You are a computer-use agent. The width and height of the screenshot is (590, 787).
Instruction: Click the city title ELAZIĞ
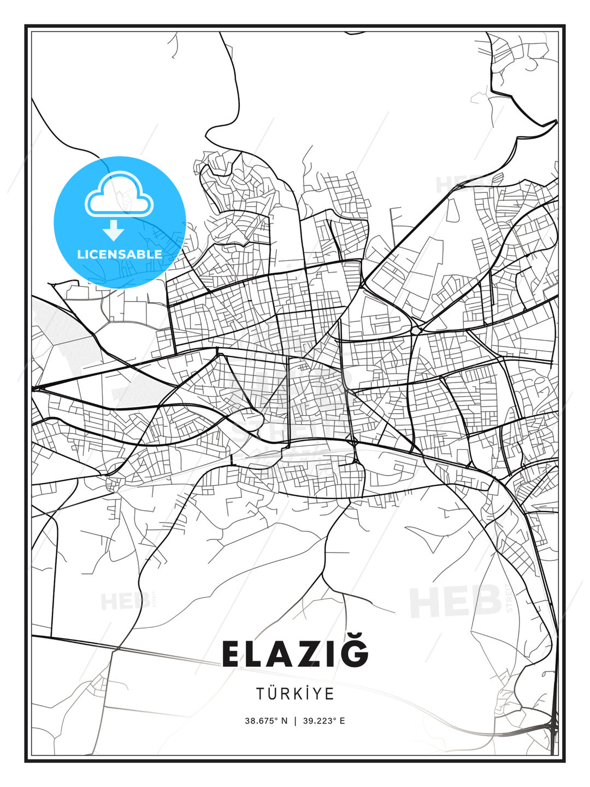pos(295,654)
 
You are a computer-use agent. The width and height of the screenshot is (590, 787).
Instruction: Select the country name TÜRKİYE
pos(295,694)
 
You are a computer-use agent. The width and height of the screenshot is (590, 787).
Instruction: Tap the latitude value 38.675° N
pos(266,721)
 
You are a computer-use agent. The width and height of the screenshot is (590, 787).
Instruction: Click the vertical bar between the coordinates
pos(296,721)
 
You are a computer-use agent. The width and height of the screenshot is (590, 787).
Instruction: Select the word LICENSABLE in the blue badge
pos(120,254)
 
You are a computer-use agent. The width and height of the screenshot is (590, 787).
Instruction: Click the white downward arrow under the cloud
pos(114,230)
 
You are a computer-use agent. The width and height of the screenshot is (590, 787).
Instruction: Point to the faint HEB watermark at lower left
pos(125,602)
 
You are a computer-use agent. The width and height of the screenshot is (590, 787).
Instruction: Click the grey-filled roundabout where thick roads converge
pos(416,330)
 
